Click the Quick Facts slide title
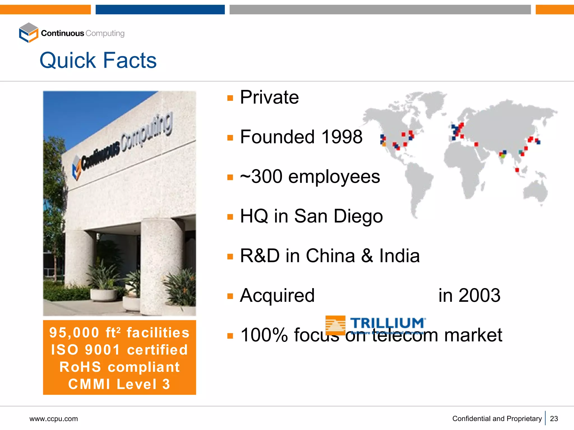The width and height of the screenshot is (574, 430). point(98,60)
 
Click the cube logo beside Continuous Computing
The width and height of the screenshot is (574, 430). point(28,33)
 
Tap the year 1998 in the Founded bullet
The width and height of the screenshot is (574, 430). point(342,137)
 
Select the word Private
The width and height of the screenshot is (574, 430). point(269,97)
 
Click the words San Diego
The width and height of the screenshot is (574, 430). point(338,216)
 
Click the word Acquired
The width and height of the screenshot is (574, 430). point(277,296)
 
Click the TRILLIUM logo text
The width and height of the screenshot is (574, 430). point(387,323)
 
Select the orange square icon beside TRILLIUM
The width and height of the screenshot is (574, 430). point(335,325)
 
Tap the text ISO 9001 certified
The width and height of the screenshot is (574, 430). point(119,350)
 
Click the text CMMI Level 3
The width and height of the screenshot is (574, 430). point(119,384)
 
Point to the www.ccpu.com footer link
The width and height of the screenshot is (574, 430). point(54,419)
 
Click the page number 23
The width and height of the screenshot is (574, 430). point(554,419)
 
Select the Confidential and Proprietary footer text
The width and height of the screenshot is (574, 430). point(497,419)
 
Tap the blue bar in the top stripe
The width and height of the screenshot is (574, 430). point(160,10)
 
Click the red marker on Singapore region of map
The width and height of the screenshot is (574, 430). point(517,170)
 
